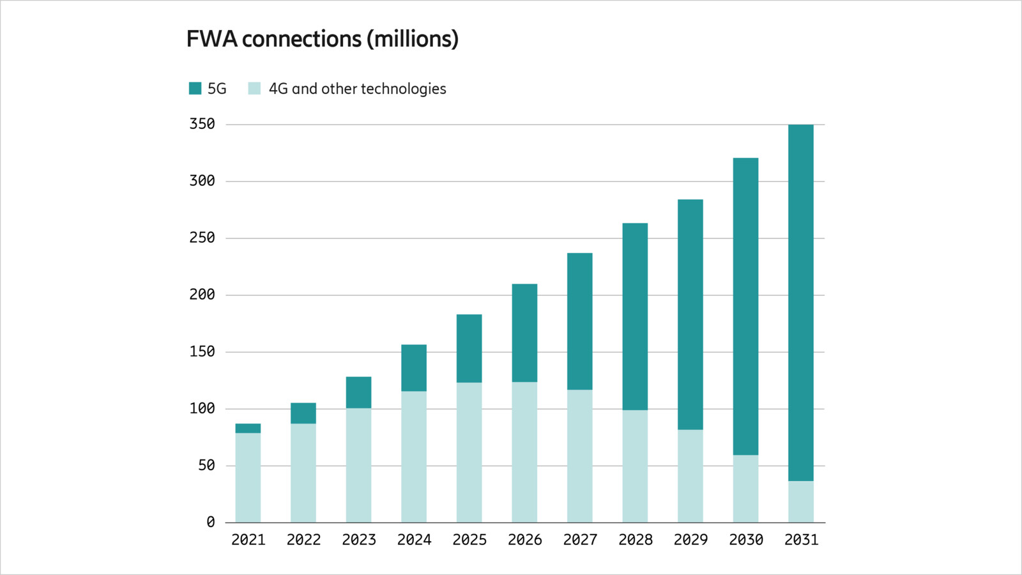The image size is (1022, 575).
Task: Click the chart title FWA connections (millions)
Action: [322, 39]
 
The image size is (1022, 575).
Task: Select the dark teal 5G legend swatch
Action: [195, 88]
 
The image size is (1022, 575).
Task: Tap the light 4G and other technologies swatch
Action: [254, 88]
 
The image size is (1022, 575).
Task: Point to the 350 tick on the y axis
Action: [202, 124]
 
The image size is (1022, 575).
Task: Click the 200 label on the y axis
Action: [202, 295]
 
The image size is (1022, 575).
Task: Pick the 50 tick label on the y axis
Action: [206, 465]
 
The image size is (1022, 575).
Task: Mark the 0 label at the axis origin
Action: [211, 522]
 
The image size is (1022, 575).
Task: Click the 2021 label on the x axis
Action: [248, 540]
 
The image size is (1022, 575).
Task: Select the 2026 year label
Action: [524, 540]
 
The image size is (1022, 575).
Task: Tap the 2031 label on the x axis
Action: [801, 540]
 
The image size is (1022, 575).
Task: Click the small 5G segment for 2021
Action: [248, 429]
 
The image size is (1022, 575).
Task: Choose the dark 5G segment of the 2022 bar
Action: [303, 413]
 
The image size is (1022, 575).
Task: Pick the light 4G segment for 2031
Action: [801, 502]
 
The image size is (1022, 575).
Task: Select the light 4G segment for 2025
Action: [469, 452]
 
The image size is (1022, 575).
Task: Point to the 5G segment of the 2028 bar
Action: [635, 316]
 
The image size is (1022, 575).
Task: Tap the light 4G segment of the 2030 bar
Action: [745, 489]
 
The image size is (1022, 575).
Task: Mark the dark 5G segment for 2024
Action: [414, 368]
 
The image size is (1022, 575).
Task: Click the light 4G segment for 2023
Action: [358, 465]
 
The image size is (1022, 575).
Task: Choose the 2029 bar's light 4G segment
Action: [690, 476]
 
